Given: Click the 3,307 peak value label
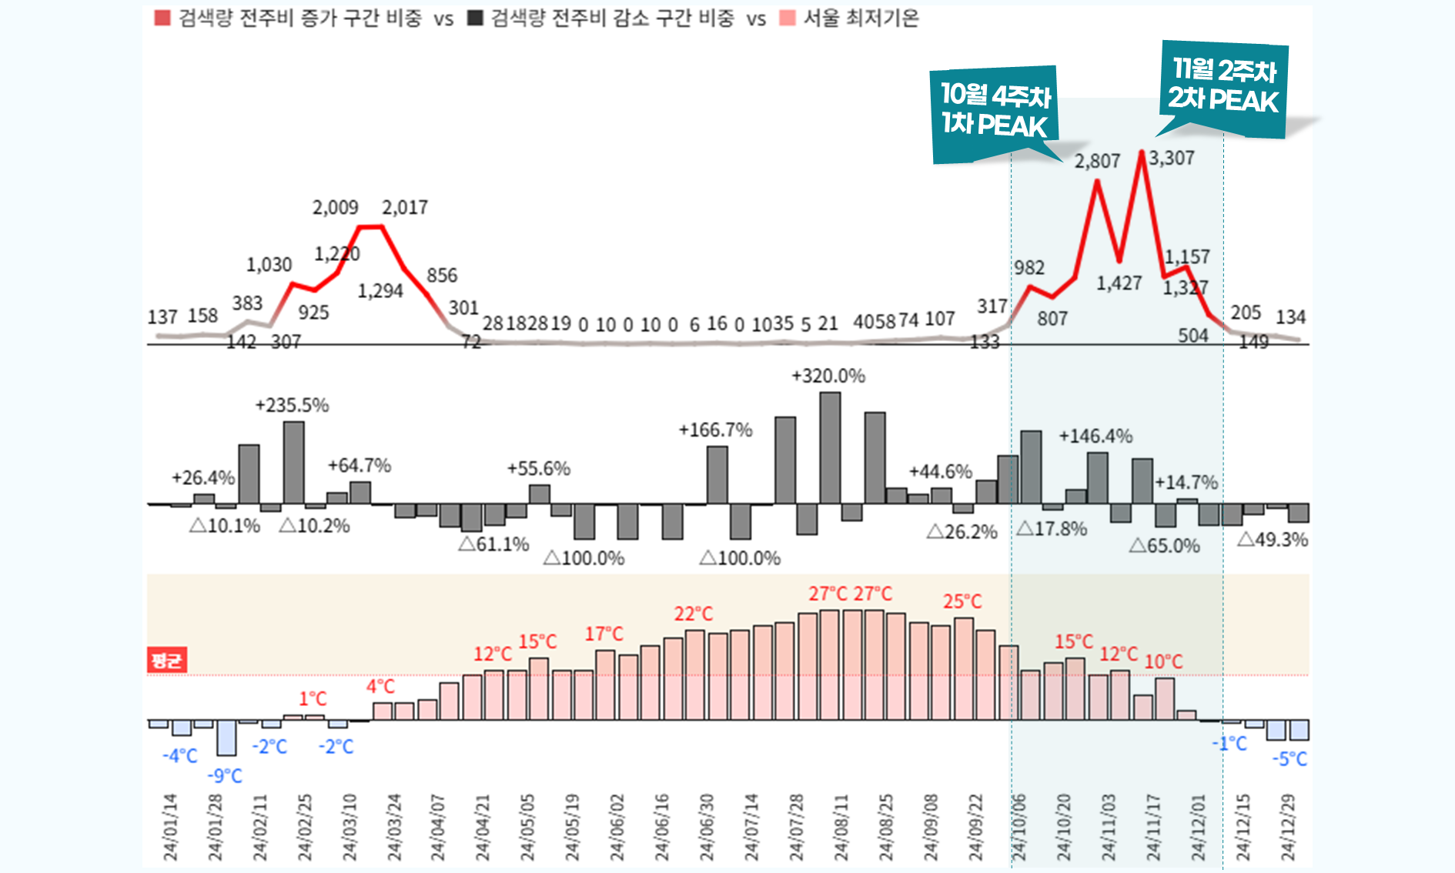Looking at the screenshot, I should tap(1172, 158).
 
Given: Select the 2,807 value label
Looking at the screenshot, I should tap(1097, 161).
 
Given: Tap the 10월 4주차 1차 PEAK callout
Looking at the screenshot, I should tap(995, 111).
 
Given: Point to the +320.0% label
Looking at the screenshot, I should tap(828, 376).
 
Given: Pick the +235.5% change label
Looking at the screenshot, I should tap(292, 405).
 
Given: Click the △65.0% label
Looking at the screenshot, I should tap(1164, 546).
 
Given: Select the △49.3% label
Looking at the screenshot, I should tap(1272, 540).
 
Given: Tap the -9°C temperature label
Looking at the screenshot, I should tap(225, 775).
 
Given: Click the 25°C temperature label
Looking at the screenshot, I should tap(962, 601).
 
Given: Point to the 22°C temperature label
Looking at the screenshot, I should tap(694, 614).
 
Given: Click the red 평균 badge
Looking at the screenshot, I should tap(166, 660).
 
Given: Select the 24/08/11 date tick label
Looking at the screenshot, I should tap(841, 828).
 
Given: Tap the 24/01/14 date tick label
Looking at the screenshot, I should tap(170, 828).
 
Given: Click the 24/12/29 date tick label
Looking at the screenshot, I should tap(1287, 828).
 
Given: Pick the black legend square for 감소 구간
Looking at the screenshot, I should tap(476, 18).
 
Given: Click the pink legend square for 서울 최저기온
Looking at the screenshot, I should tap(787, 18).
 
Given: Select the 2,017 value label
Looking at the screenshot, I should tap(405, 207).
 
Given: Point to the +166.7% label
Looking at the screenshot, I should tap(715, 430).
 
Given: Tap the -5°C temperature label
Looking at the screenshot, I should tap(1289, 759).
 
